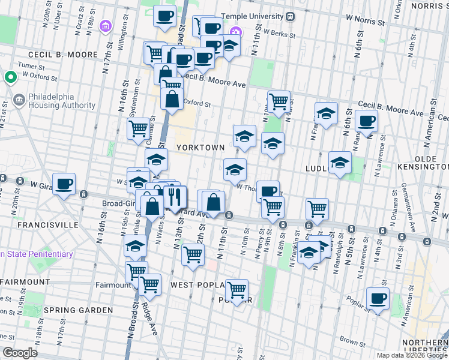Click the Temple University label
pyautogui.click(x=253, y=17)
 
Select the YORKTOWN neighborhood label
pyautogui.click(x=200, y=147)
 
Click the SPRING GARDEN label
pyautogui.click(x=78, y=310)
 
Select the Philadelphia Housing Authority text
pyautogui.click(x=61, y=101)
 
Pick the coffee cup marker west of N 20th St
pyautogui.click(x=64, y=184)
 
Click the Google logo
pyautogui.click(x=19, y=353)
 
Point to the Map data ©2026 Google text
pyautogui.click(x=411, y=355)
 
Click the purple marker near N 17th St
pyautogui.click(x=106, y=26)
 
